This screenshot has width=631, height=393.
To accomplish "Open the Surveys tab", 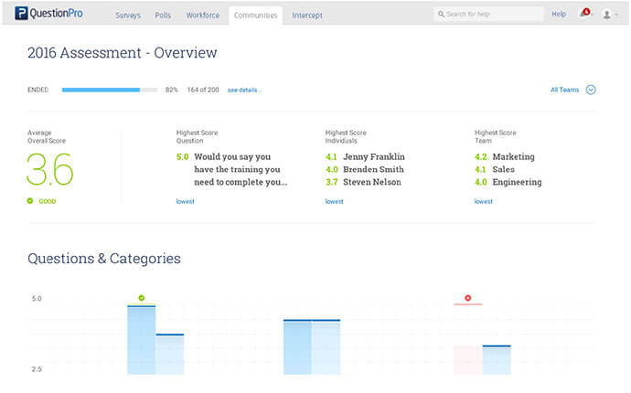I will click(129, 16).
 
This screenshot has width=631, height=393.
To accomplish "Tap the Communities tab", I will click(255, 16).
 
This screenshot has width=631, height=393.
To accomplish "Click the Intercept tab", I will click(307, 16).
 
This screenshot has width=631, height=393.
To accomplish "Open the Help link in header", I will click(559, 15).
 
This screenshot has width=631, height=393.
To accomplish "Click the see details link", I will click(244, 90).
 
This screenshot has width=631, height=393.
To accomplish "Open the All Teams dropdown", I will click(572, 90).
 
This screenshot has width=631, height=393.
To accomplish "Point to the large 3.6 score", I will click(50, 170).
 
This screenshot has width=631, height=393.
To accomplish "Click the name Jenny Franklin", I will click(374, 157).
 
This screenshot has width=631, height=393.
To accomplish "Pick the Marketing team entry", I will click(513, 157).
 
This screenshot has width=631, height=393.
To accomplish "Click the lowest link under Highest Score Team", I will click(483, 201).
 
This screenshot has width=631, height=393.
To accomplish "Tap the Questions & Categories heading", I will click(104, 259).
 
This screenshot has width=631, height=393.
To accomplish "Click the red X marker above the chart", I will click(467, 298).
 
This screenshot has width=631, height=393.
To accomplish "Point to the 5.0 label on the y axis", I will click(37, 299).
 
